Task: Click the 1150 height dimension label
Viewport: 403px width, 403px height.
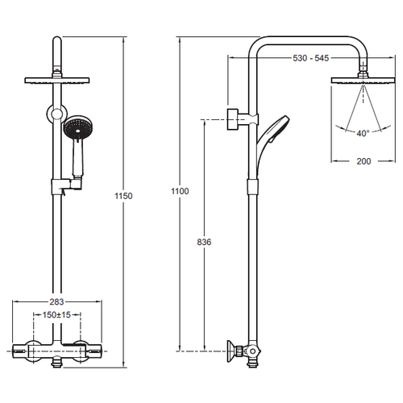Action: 123,196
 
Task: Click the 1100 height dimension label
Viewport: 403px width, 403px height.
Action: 180,191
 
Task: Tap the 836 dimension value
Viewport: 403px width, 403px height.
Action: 204,242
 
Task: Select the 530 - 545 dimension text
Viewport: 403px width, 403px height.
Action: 311,58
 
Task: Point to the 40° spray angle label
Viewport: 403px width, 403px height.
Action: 363,133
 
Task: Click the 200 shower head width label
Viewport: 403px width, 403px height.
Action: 364,161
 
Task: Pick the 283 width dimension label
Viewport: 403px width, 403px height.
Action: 56,302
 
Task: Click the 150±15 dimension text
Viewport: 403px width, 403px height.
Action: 56,314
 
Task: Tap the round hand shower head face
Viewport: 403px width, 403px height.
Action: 77,128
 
